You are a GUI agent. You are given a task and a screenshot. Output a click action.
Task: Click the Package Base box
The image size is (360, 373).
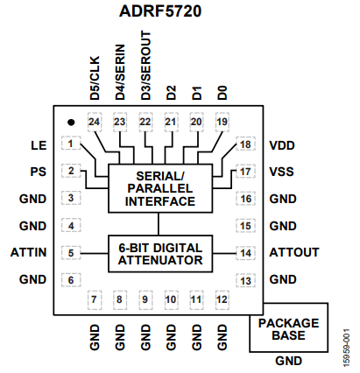288,328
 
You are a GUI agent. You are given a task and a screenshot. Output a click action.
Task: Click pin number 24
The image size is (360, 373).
95,123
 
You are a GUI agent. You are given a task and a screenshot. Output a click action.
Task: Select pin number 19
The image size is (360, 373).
222,123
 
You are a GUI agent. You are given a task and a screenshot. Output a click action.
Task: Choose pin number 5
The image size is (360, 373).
70,254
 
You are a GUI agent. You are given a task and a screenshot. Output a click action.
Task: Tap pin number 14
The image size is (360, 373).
248,254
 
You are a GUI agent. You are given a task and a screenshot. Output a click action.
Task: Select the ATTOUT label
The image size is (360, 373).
293,254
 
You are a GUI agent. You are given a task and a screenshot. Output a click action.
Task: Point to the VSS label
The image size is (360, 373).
282,172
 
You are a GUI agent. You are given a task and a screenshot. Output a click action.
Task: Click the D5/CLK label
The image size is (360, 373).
95,81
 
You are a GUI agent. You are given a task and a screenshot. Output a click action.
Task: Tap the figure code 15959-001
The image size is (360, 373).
348,345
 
